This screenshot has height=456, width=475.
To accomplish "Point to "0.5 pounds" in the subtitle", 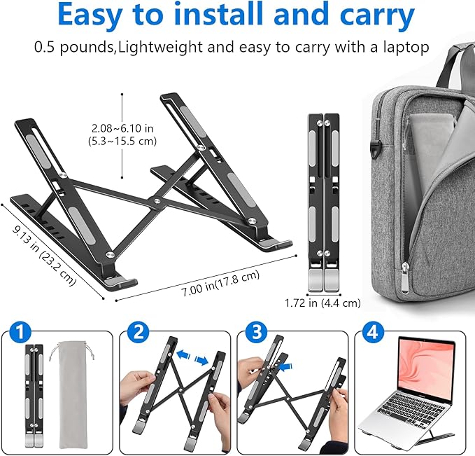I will coord(74,48).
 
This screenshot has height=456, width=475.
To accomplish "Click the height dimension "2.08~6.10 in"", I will coord(123,129).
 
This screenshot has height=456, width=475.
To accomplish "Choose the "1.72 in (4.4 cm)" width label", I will coord(322,303).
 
